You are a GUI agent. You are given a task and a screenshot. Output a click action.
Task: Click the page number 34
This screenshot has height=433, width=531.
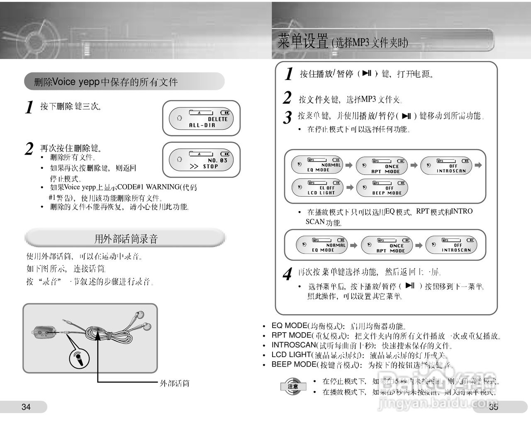click(26, 407)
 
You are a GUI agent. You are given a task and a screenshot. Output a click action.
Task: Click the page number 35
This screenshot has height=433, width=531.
click(493, 407)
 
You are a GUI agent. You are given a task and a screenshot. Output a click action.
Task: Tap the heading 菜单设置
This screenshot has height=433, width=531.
click(303, 42)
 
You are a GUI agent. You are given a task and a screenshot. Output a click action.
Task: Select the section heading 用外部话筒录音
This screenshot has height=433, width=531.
click(126, 239)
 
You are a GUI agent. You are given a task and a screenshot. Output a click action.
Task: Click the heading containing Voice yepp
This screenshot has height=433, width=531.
click(106, 82)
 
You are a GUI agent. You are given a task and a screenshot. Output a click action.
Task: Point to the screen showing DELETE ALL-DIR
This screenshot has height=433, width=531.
click(201, 119)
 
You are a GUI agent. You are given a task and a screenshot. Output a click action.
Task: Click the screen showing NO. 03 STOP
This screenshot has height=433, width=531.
click(201, 160)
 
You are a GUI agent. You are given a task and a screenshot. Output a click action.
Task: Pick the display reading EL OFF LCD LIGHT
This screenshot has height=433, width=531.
click(318, 187)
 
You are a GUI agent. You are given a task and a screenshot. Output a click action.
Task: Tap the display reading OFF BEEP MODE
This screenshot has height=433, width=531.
click(382, 187)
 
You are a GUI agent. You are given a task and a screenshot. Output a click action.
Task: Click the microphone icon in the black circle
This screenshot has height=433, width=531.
click(78, 358)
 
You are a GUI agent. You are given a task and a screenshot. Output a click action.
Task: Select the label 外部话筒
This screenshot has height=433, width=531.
click(174, 383)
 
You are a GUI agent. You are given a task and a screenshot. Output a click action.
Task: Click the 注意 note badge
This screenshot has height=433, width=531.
click(293, 386)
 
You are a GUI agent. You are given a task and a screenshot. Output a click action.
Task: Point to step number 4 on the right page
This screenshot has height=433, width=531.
click(287, 275)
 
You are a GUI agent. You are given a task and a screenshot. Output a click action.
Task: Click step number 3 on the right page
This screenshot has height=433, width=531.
click(287, 117)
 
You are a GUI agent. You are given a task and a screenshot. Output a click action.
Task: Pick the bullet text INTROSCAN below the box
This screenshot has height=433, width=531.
click(294, 345)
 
